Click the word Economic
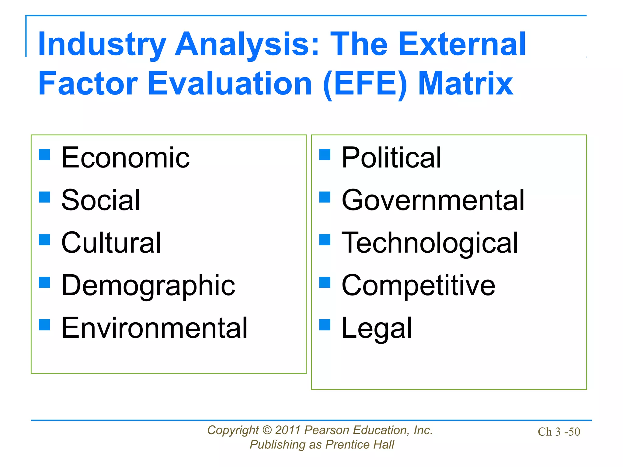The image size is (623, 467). (x=125, y=158)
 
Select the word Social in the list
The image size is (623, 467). (x=101, y=200)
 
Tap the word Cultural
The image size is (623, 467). (x=111, y=243)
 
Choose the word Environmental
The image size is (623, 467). (x=155, y=328)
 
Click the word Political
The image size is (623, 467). (x=391, y=158)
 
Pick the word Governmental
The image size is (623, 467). (x=433, y=200)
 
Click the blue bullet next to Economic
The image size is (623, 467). (x=44, y=154)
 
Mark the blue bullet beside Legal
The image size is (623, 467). (x=325, y=325)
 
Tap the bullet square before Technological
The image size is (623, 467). (x=325, y=240)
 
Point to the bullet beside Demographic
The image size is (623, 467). (x=44, y=282)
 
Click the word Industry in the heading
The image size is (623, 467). (x=102, y=45)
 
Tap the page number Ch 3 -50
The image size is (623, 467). (x=559, y=432)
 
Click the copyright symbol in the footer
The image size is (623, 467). (x=267, y=430)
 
